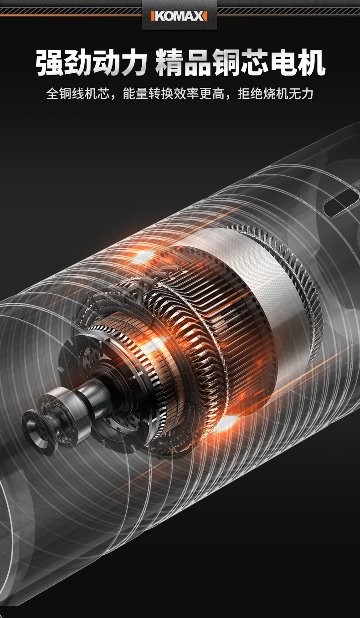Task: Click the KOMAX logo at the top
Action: (x=179, y=16)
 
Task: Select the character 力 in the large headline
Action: (x=132, y=62)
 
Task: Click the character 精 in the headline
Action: (x=169, y=62)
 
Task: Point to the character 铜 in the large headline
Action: (x=226, y=62)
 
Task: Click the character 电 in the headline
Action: (x=283, y=62)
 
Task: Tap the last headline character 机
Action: (x=311, y=62)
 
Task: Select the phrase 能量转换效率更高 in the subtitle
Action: (x=174, y=93)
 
